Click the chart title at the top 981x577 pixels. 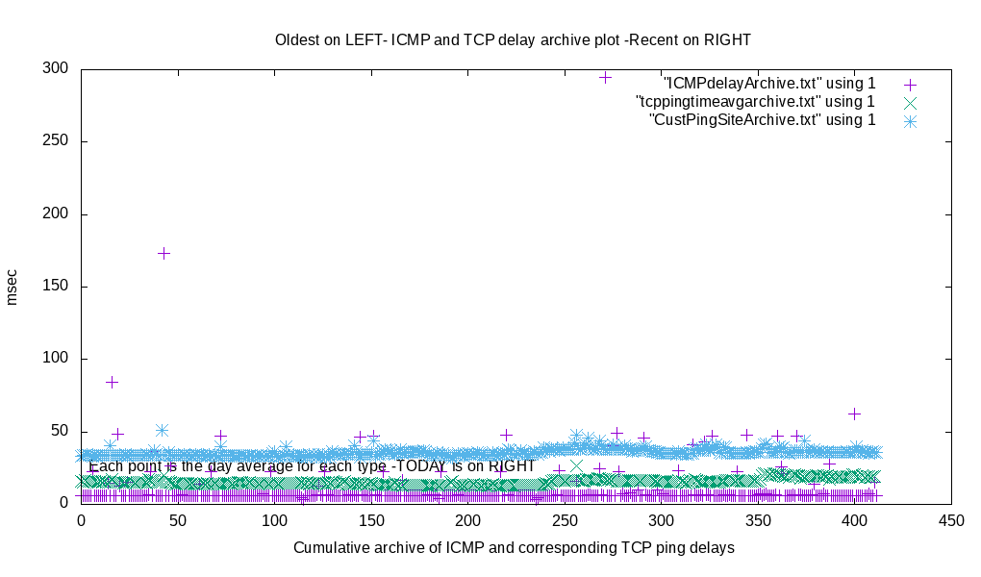pos(513,40)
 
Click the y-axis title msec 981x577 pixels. pos(13,286)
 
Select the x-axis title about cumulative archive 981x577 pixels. pos(514,548)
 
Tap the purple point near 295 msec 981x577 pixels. pos(605,77)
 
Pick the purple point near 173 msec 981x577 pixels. pos(163,253)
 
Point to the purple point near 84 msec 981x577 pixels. pos(112,382)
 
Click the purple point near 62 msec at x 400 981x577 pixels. pos(854,414)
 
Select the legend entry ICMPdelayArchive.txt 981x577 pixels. pos(768,84)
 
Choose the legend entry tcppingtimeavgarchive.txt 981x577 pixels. pos(755,102)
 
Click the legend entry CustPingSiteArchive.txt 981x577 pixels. pos(763,120)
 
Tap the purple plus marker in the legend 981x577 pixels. pos(910,85)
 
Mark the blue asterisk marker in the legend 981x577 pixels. pos(910,121)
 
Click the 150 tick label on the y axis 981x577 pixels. pos(55,286)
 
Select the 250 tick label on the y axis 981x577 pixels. pos(55,141)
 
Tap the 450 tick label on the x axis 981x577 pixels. pos(951,520)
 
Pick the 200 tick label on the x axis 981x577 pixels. pos(468,520)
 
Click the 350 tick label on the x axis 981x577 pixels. pos(758,520)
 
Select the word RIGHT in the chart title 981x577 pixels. pos(727,40)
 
